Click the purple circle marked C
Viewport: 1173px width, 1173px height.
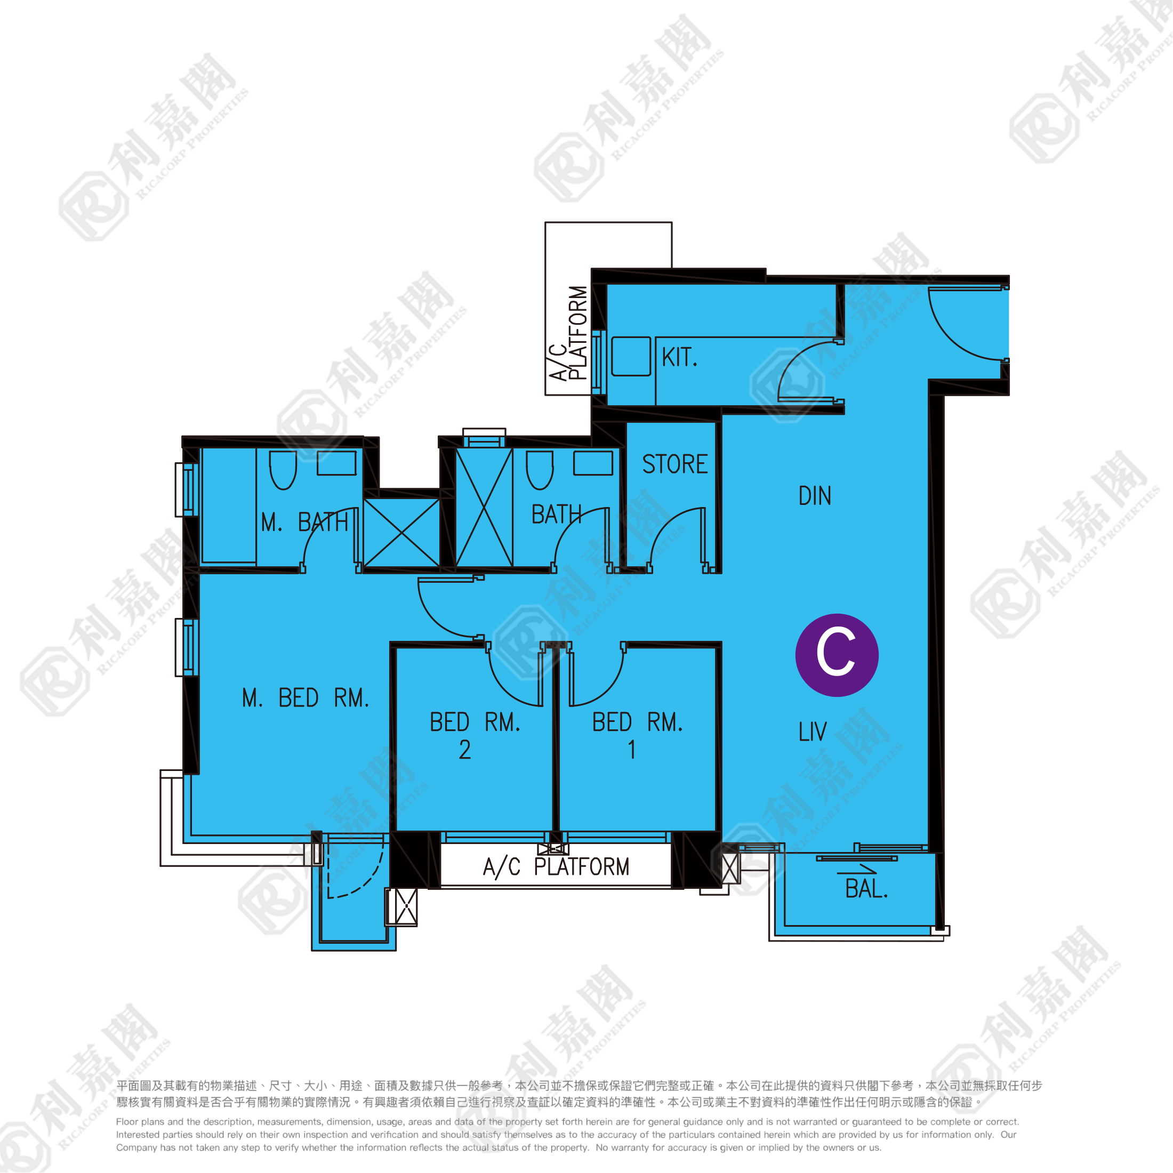(837, 655)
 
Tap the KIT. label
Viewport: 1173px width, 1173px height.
(679, 357)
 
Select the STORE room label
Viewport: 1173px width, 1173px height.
(674, 464)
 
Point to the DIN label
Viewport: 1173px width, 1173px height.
(814, 496)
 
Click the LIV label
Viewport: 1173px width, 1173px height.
(813, 732)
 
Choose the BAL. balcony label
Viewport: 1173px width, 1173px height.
(866, 889)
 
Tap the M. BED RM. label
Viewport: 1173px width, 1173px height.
(306, 697)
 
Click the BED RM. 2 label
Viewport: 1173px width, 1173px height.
(475, 735)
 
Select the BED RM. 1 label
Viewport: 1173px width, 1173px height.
(638, 735)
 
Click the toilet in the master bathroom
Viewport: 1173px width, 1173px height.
(283, 470)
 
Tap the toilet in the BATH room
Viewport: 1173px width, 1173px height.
(540, 470)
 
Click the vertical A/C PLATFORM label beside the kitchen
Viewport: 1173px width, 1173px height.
(568, 333)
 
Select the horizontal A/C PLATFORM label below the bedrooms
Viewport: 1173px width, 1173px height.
(556, 867)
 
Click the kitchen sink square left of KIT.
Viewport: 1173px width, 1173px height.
(631, 356)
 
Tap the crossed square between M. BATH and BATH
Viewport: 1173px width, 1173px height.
(401, 533)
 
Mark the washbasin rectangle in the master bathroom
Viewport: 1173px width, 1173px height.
(336, 463)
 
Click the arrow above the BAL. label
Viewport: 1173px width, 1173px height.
(857, 871)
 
